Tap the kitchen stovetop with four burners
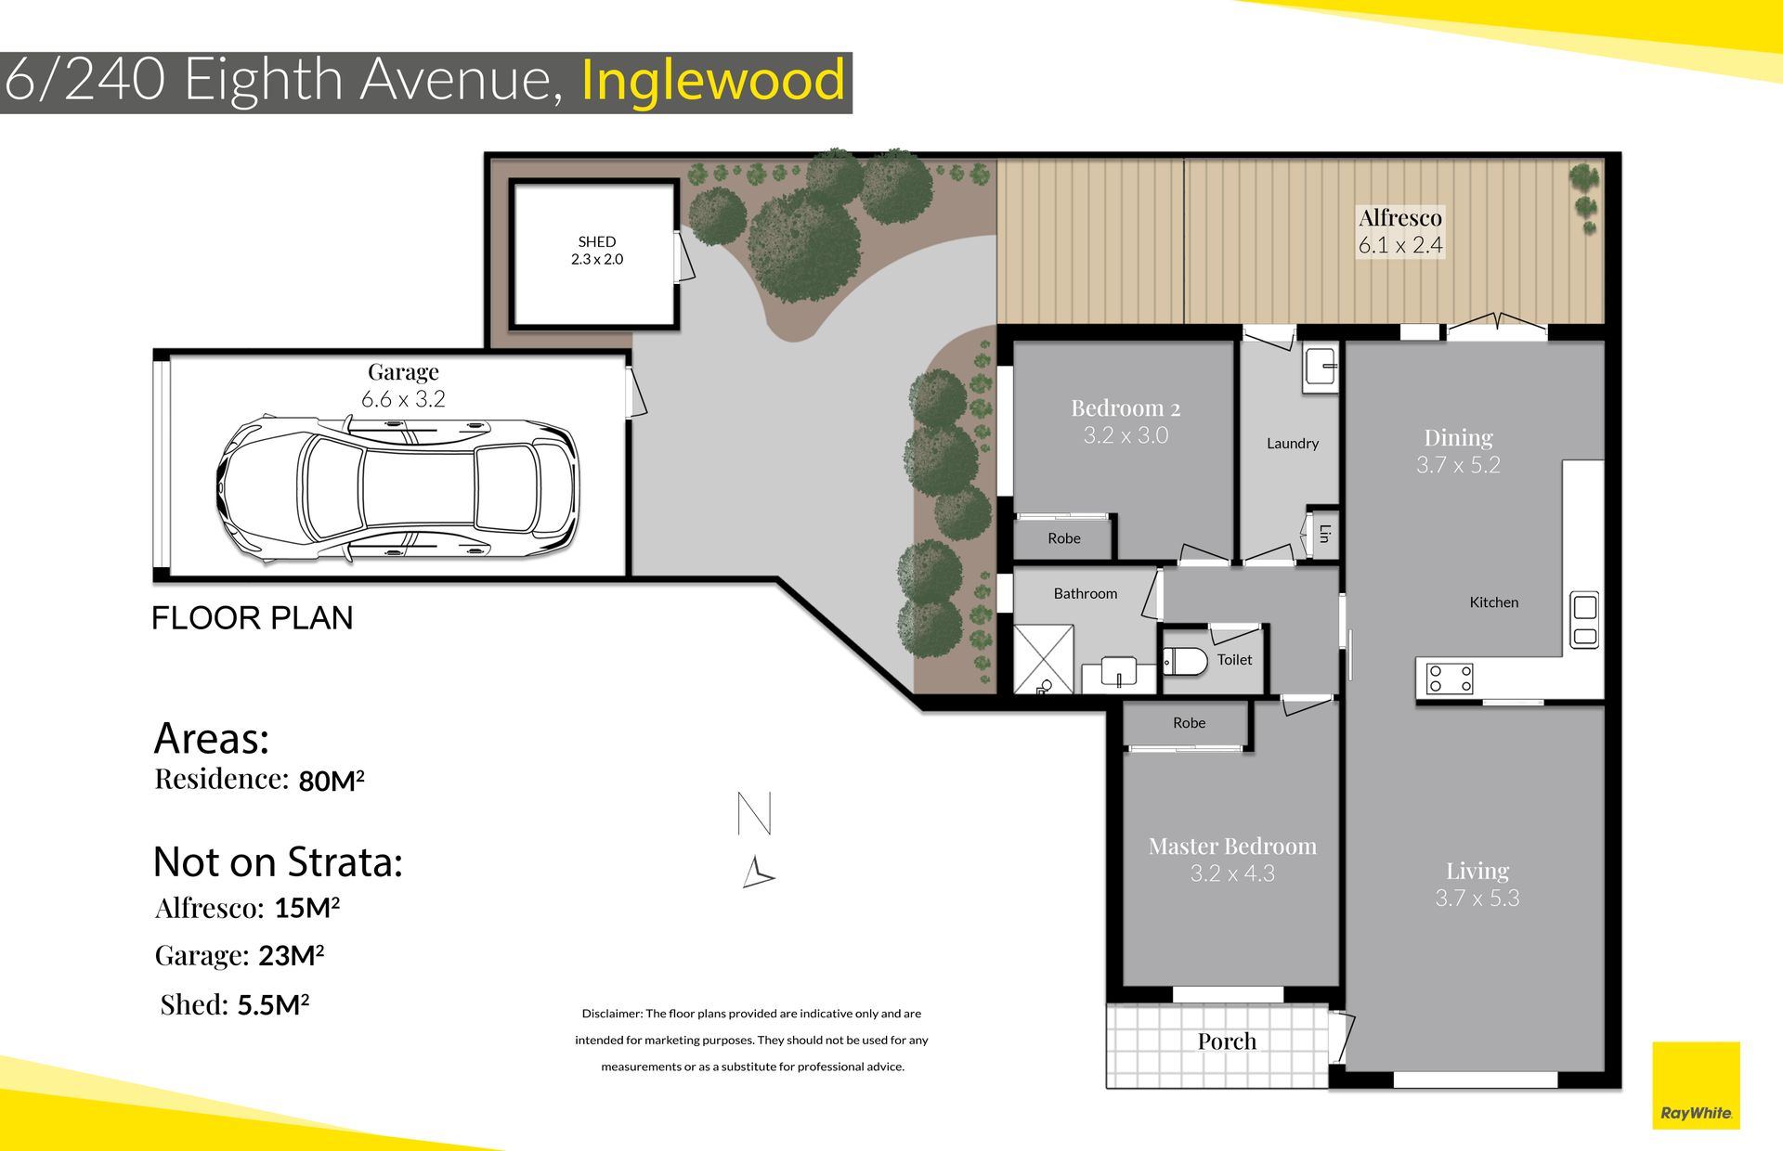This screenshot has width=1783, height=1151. click(x=1450, y=679)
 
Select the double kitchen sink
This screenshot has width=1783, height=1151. click(x=1584, y=620)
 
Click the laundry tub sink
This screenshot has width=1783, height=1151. click(x=1320, y=368)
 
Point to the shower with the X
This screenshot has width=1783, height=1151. click(x=1044, y=659)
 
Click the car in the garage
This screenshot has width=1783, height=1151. click(x=397, y=487)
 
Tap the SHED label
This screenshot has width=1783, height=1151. click(x=597, y=241)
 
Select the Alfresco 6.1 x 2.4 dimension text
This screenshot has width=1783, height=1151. click(x=1400, y=245)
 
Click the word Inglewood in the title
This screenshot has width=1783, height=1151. click(x=713, y=80)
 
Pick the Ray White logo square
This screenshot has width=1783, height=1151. click(x=1696, y=1085)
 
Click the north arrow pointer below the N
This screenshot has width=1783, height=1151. click(x=758, y=873)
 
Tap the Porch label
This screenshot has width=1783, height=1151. click(x=1227, y=1041)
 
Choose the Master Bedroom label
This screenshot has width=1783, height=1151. click(x=1232, y=846)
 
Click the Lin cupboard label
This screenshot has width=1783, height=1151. click(x=1324, y=534)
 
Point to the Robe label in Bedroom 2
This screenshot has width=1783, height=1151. click(x=1064, y=538)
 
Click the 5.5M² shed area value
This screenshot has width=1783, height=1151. click(x=273, y=1005)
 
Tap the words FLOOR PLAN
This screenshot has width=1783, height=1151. click(x=253, y=618)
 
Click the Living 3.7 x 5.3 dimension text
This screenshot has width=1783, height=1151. click(x=1477, y=898)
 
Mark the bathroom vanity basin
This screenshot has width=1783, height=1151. click(x=1119, y=670)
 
